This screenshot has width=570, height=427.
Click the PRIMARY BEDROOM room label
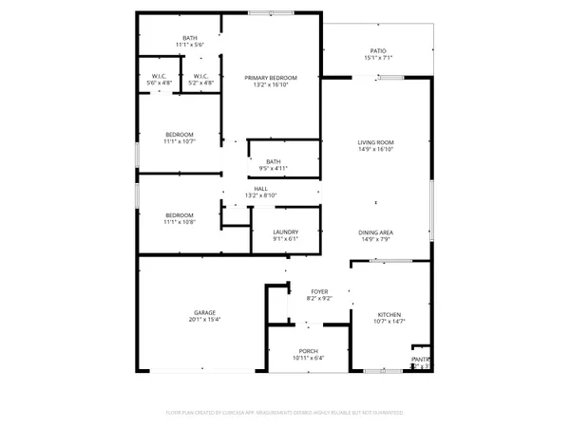[x=270, y=77]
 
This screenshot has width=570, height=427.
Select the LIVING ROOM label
[x=375, y=141]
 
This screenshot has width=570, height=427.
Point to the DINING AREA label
[x=375, y=232]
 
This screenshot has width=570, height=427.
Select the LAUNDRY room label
[x=286, y=232]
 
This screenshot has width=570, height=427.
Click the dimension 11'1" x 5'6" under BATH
[x=191, y=46]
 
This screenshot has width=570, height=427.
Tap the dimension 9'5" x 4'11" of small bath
[x=274, y=169]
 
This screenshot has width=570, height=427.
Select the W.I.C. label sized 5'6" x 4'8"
[x=161, y=76]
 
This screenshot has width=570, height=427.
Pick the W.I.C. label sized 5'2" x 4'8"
[x=200, y=76]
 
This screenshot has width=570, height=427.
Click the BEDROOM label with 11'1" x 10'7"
[x=180, y=134]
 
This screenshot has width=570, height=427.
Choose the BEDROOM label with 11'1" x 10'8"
[x=180, y=214]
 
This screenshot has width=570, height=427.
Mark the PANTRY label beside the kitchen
[x=420, y=359]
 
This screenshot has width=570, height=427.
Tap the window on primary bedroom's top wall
[x=271, y=13]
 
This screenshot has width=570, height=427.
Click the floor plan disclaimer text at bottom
[x=286, y=413]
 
